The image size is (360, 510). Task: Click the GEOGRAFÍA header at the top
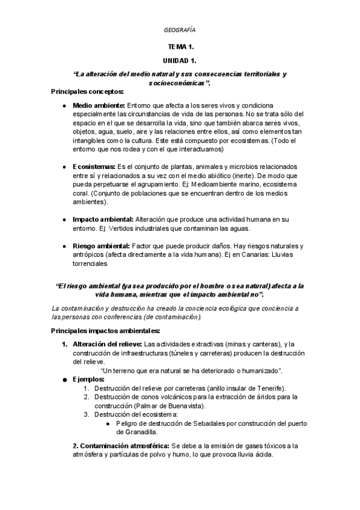coord(180,29)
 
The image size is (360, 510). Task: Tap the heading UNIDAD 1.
coord(180,61)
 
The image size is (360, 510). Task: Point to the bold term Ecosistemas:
coord(95,166)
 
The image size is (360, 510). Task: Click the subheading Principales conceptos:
coord(88,91)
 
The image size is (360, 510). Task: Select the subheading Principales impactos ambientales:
coord(105,331)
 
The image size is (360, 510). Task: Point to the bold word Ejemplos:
coord(89,379)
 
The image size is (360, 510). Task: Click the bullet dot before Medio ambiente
coord(64,105)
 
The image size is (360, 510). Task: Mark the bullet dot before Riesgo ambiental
coord(64,247)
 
